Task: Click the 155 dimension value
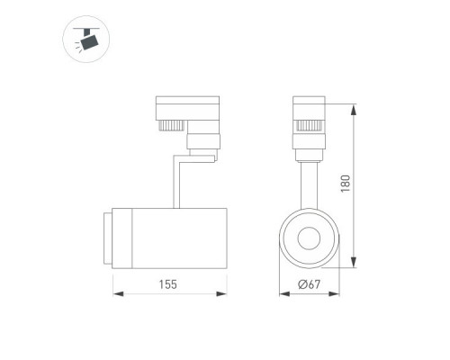168,284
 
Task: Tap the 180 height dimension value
346,184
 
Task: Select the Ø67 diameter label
310,284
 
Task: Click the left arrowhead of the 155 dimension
118,293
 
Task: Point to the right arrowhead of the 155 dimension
221,293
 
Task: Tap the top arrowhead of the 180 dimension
355,109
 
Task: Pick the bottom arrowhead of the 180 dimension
355,262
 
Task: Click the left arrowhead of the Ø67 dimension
284,293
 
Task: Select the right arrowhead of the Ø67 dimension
334,293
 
